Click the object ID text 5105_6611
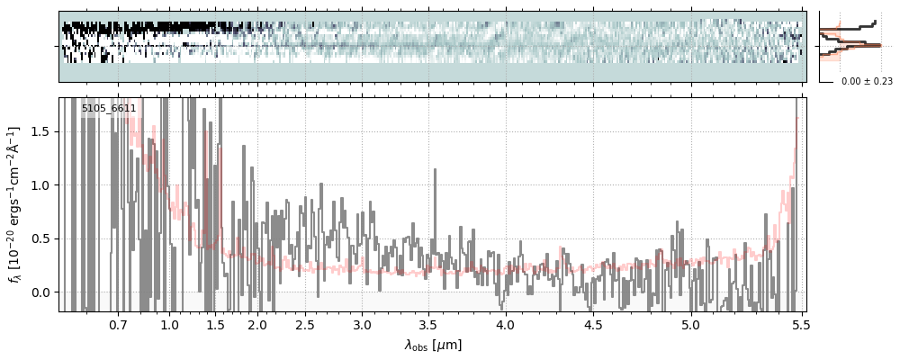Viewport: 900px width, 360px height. (x=109, y=109)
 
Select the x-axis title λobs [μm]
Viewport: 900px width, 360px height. (x=432, y=345)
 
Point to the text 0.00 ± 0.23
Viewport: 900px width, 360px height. (x=867, y=82)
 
